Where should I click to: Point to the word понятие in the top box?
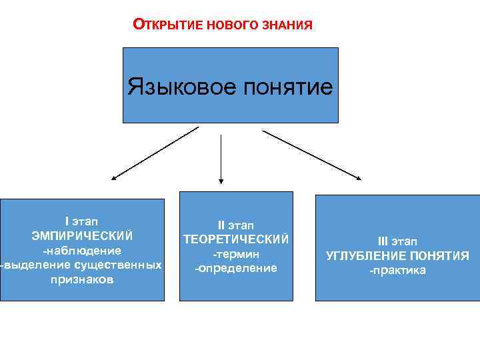click(x=287, y=87)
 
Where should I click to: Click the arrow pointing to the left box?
click(x=155, y=153)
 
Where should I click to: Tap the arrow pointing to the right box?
click(x=311, y=155)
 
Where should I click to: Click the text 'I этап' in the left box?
click(x=82, y=221)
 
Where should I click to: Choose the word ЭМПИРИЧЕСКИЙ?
click(x=82, y=235)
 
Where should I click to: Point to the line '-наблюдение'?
click(x=82, y=251)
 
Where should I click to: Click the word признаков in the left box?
click(x=82, y=280)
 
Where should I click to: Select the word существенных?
click(x=118, y=265)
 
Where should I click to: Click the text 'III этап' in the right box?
click(x=398, y=241)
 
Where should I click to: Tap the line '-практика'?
click(x=398, y=271)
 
